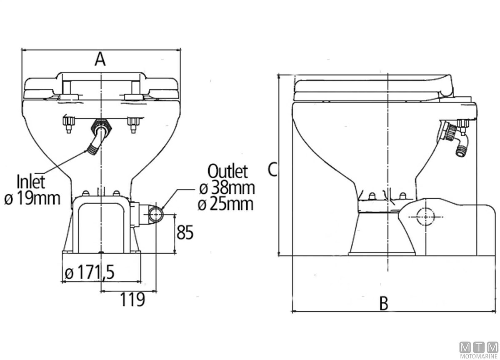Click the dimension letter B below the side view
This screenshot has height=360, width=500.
tap(384, 303)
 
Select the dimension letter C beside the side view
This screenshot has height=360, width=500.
tap(272, 169)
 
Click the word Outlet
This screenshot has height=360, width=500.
tap(228, 171)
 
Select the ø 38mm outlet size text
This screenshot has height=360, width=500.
tap(227, 187)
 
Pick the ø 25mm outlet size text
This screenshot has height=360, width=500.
tap(227, 204)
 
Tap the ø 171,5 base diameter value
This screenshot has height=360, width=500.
tap(90, 273)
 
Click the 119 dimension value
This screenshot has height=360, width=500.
tap(132, 298)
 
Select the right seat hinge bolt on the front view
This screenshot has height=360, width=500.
tap(134, 123)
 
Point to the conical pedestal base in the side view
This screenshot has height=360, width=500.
tap(382, 237)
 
